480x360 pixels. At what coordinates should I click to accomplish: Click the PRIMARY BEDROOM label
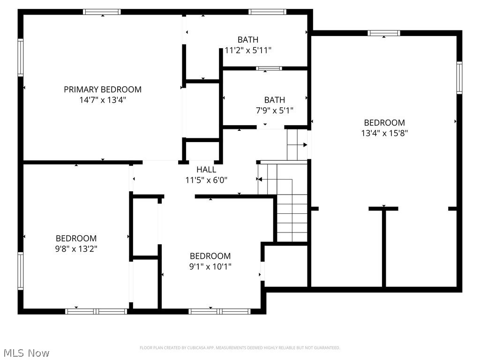click(x=103, y=90)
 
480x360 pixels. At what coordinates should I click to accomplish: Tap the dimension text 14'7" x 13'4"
click(x=103, y=100)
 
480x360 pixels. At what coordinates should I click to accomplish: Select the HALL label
click(x=206, y=170)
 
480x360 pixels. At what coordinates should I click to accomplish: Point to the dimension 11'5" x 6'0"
click(x=206, y=180)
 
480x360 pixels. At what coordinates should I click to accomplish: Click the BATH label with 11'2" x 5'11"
click(x=248, y=40)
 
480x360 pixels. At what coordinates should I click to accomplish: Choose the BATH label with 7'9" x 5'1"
click(x=274, y=100)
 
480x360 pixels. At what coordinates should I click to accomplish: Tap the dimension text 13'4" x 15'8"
click(x=384, y=133)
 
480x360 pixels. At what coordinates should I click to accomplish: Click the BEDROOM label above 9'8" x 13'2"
click(x=76, y=238)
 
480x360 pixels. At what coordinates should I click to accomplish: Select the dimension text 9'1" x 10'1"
click(x=210, y=266)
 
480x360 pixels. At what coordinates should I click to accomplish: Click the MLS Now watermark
click(x=26, y=352)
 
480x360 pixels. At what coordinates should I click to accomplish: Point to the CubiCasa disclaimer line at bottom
click(x=240, y=348)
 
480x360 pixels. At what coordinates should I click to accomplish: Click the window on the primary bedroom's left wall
click(x=21, y=58)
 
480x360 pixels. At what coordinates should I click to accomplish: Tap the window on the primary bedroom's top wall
click(x=102, y=12)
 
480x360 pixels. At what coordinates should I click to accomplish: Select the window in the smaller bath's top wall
click(x=269, y=68)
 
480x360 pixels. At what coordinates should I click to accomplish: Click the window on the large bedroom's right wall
click(x=459, y=78)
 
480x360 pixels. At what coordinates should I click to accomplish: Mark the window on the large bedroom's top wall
click(x=383, y=33)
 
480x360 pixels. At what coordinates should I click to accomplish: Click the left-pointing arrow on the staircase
click(x=259, y=179)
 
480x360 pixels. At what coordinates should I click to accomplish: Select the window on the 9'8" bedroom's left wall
click(x=21, y=270)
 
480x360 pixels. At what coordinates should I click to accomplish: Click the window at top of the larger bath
click(x=267, y=12)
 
